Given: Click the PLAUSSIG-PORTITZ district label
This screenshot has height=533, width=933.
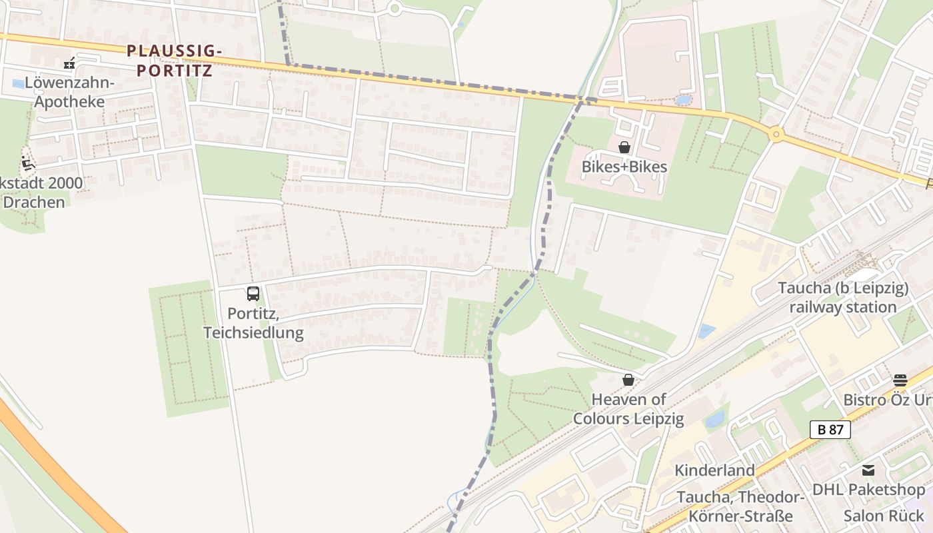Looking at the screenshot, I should pos(174,60).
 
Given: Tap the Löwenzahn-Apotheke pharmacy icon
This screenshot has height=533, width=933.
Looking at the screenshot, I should pos(69,64).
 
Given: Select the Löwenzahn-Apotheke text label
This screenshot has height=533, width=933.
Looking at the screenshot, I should pos(69,93).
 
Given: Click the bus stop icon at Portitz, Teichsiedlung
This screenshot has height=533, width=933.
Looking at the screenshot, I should pos(253,293).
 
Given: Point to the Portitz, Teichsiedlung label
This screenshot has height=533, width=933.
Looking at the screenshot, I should pos(253,323).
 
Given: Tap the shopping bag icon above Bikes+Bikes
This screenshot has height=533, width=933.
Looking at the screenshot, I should pos(624,147).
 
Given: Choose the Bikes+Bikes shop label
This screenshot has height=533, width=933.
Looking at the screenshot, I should pos(624,167).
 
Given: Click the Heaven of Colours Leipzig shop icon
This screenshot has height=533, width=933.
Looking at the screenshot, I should pos(628,380).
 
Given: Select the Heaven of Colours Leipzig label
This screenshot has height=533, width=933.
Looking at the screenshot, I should pos(628,409).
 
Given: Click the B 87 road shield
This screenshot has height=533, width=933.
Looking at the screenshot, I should pos(830,430).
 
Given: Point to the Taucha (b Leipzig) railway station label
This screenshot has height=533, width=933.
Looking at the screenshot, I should pos(843,298).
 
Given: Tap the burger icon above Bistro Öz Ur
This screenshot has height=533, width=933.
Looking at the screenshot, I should pos(900,380).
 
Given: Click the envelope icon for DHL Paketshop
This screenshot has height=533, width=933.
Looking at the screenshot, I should pos(868,470).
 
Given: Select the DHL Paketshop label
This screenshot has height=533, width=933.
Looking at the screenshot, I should pos(868,490).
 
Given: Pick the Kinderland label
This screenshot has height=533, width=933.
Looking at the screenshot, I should pos(714,470).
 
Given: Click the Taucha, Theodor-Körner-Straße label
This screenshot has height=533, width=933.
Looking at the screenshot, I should pos(741,506).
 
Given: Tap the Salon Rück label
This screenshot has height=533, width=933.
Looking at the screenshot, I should pos(884,516).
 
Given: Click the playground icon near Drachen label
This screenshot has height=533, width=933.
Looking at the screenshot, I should pos(28,163).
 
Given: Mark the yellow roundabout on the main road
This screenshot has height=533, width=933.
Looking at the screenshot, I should pos(775,135).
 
